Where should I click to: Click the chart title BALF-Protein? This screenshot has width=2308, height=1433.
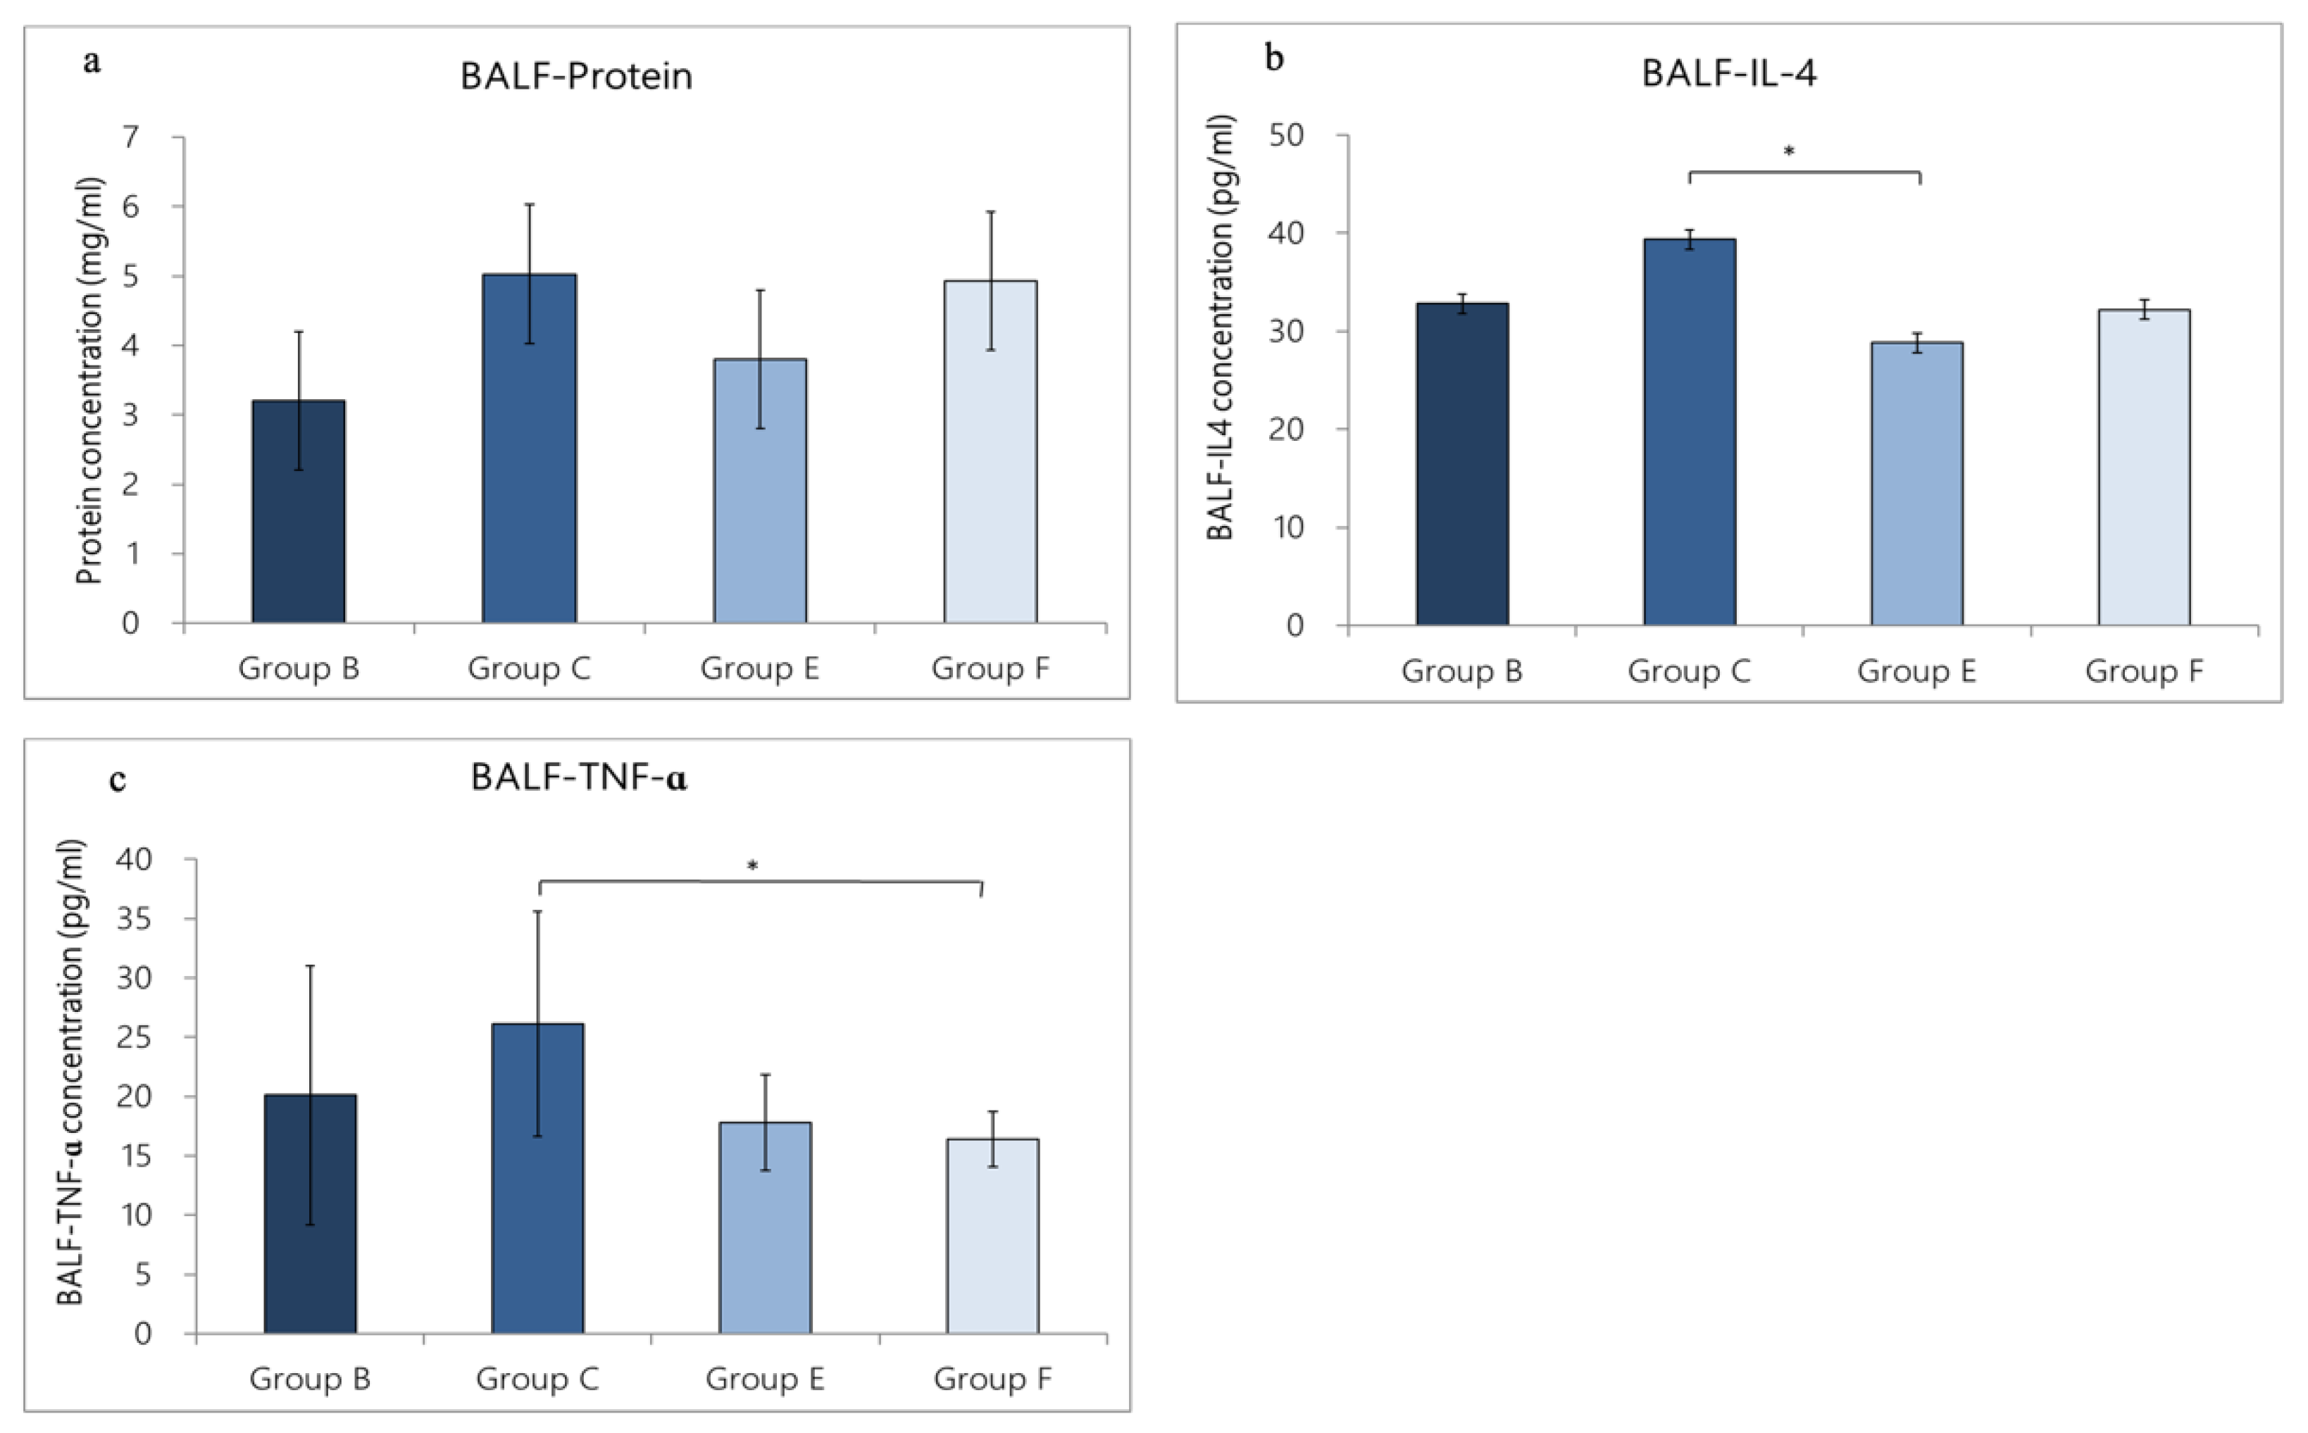[576, 76]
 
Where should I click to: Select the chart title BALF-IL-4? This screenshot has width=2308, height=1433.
[1729, 73]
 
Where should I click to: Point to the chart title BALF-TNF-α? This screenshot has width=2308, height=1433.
[578, 778]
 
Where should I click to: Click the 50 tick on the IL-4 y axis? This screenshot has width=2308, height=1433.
[1287, 135]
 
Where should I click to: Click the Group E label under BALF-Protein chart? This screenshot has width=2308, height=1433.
[759, 668]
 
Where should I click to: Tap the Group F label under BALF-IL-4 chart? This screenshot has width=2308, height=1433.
[2144, 671]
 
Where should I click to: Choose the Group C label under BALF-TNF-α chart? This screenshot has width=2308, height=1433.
[537, 1378]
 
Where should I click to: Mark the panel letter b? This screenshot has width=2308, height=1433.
[1274, 58]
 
